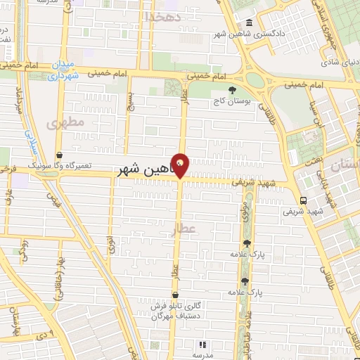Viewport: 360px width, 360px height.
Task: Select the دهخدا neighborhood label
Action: click(162, 15)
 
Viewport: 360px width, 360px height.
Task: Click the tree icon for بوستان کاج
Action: click(233, 89)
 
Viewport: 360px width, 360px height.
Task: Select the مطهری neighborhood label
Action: click(65, 122)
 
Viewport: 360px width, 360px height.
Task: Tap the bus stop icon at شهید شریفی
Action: click(302, 199)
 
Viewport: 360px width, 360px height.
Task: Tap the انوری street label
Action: click(111, 245)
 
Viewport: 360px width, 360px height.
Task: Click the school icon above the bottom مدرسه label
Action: click(202, 345)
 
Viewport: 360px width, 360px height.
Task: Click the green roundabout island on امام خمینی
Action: click(255, 79)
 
